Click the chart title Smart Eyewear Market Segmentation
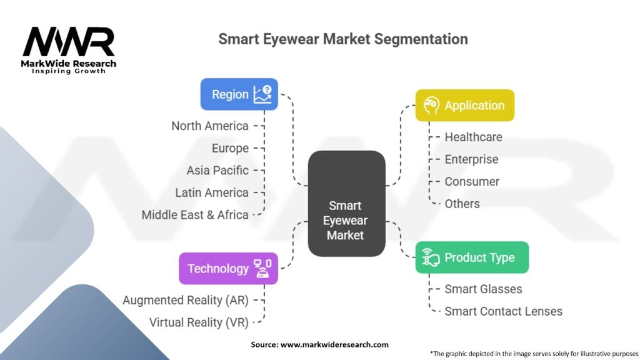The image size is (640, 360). tap(342, 39)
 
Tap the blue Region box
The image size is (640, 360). tap(239, 94)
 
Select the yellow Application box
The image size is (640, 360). tap(464, 106)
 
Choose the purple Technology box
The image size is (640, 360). tap(228, 269)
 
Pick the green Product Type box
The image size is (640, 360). tap(472, 257)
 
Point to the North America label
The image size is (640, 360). tap(210, 126)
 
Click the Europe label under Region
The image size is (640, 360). tap(230, 148)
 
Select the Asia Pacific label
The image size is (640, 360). tap(217, 170)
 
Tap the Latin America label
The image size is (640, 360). tap(212, 192)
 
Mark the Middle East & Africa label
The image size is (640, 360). tap(195, 214)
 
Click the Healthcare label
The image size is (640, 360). tap(473, 137)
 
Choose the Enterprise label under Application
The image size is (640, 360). tap(471, 159)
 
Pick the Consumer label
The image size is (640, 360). tap(472, 181)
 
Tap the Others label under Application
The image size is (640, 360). tap(462, 204)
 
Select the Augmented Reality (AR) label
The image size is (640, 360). tap(186, 300)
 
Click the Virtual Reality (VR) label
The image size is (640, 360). tap(199, 322)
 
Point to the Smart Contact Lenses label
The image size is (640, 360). tap(503, 311)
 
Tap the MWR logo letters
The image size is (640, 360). tap(69, 42)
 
